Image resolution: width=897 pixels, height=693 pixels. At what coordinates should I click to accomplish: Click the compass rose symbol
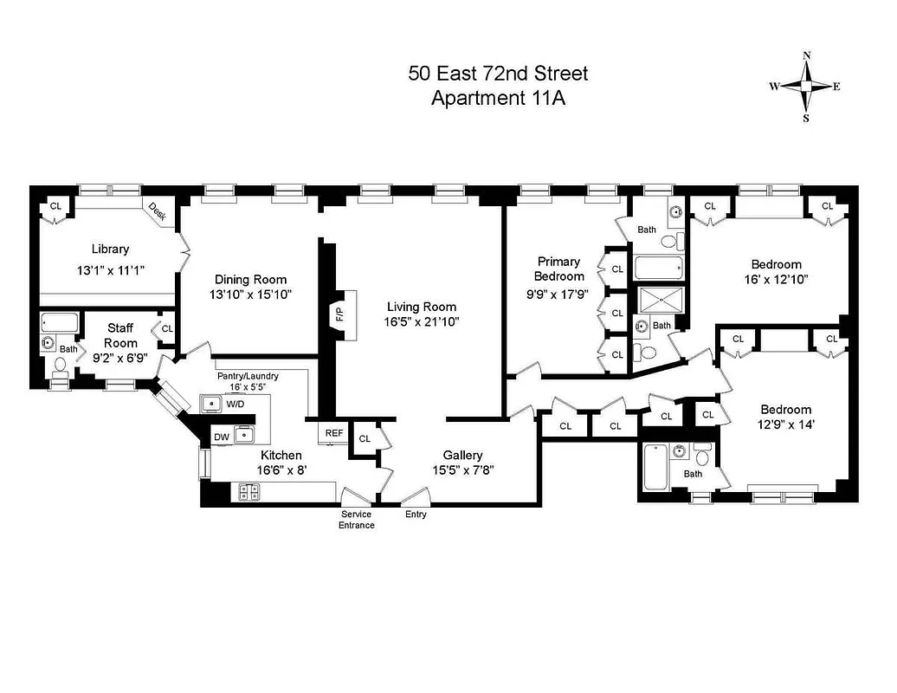tap(806, 86)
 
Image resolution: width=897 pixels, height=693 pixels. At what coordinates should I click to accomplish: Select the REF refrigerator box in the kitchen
tap(334, 433)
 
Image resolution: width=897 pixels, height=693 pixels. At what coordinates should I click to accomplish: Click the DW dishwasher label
tap(222, 437)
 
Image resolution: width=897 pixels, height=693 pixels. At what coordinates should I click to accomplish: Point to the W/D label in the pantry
tap(236, 404)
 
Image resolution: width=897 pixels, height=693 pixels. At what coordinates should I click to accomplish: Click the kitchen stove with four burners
tap(248, 492)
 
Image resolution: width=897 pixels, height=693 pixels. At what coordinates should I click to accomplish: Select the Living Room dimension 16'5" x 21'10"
tap(422, 321)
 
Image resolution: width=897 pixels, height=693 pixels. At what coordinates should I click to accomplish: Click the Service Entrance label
tap(357, 520)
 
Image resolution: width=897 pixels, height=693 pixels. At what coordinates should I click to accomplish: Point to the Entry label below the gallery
tap(416, 515)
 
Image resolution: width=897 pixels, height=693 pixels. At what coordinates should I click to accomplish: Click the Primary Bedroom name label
tap(558, 269)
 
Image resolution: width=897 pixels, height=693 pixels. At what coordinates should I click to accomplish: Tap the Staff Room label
tap(119, 335)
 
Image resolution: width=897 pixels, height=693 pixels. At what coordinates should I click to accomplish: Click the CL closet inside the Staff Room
tap(167, 329)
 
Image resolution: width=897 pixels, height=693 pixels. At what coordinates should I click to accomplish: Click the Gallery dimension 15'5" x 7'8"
tap(462, 470)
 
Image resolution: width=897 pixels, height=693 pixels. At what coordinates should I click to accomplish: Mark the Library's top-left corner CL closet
tap(55, 206)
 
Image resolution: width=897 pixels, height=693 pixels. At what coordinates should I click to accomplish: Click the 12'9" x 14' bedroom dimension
tap(785, 424)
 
